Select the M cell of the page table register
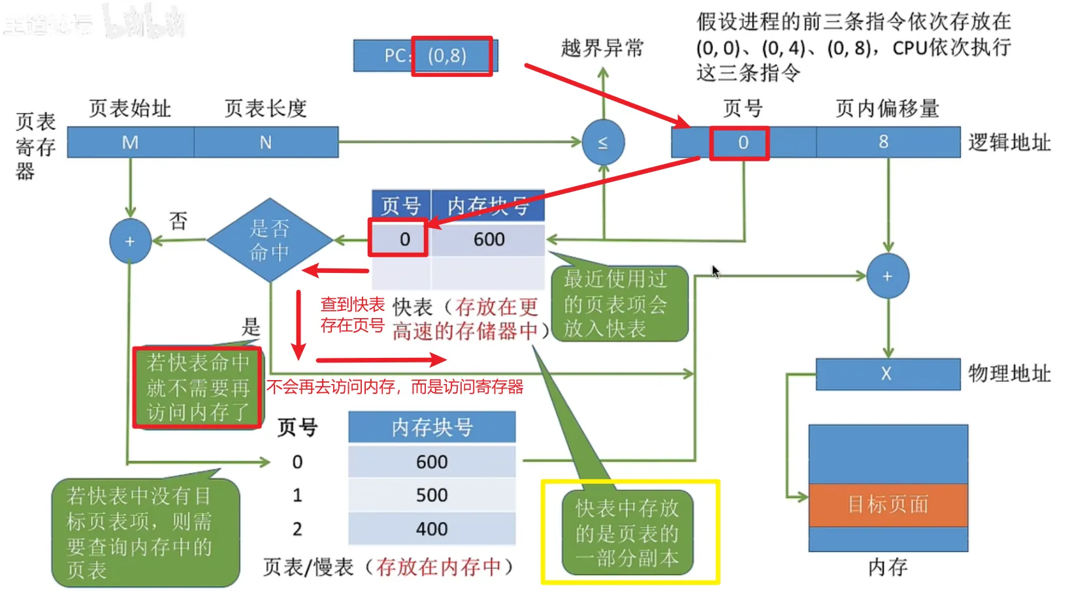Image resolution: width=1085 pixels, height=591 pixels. (131, 142)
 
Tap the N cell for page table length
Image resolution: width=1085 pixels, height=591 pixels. (265, 142)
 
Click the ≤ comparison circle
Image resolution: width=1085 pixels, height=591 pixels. (603, 142)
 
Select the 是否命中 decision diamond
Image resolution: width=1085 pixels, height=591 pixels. (269, 240)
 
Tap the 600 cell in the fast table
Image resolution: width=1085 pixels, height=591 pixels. (488, 240)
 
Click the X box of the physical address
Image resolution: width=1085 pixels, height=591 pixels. (887, 374)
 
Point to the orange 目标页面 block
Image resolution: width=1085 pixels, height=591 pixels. (888, 504)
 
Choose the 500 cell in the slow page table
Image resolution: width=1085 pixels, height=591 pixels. (432, 495)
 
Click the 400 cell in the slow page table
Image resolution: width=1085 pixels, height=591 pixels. (432, 529)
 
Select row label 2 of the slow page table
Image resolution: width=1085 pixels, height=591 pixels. (297, 529)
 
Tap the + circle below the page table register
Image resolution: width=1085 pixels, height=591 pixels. (130, 242)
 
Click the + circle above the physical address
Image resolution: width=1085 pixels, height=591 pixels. (887, 276)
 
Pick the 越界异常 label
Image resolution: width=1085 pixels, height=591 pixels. (602, 48)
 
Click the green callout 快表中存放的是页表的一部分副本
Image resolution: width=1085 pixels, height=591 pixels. (627, 533)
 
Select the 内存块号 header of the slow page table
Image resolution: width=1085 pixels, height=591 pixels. (432, 428)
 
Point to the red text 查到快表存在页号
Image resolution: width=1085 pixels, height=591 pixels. (352, 315)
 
